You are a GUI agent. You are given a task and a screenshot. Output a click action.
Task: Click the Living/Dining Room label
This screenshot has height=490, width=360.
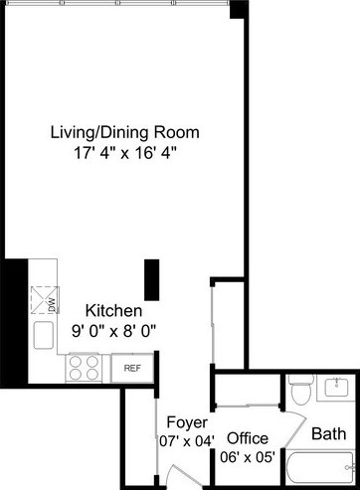(125, 131)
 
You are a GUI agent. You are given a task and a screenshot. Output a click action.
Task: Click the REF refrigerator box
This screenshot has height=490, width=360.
(132, 368)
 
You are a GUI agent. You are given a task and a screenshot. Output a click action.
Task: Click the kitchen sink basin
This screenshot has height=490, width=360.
(43, 336)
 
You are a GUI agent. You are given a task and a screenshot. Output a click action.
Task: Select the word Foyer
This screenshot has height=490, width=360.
(185, 420)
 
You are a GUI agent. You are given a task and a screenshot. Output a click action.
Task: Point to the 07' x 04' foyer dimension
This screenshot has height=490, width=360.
(186, 439)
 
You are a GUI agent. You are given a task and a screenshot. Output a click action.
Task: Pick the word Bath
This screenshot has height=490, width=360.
(328, 433)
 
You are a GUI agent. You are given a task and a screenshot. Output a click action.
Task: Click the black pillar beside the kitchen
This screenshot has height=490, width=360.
(151, 279)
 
